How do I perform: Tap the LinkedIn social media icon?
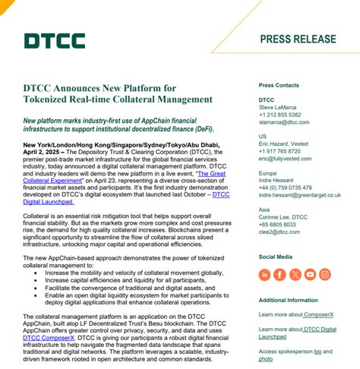[264, 274]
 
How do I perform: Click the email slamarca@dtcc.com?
[283, 121]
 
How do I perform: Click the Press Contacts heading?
[279, 85]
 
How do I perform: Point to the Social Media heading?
[275, 257]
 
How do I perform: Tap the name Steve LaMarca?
[280, 107]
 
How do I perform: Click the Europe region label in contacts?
[267, 173]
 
